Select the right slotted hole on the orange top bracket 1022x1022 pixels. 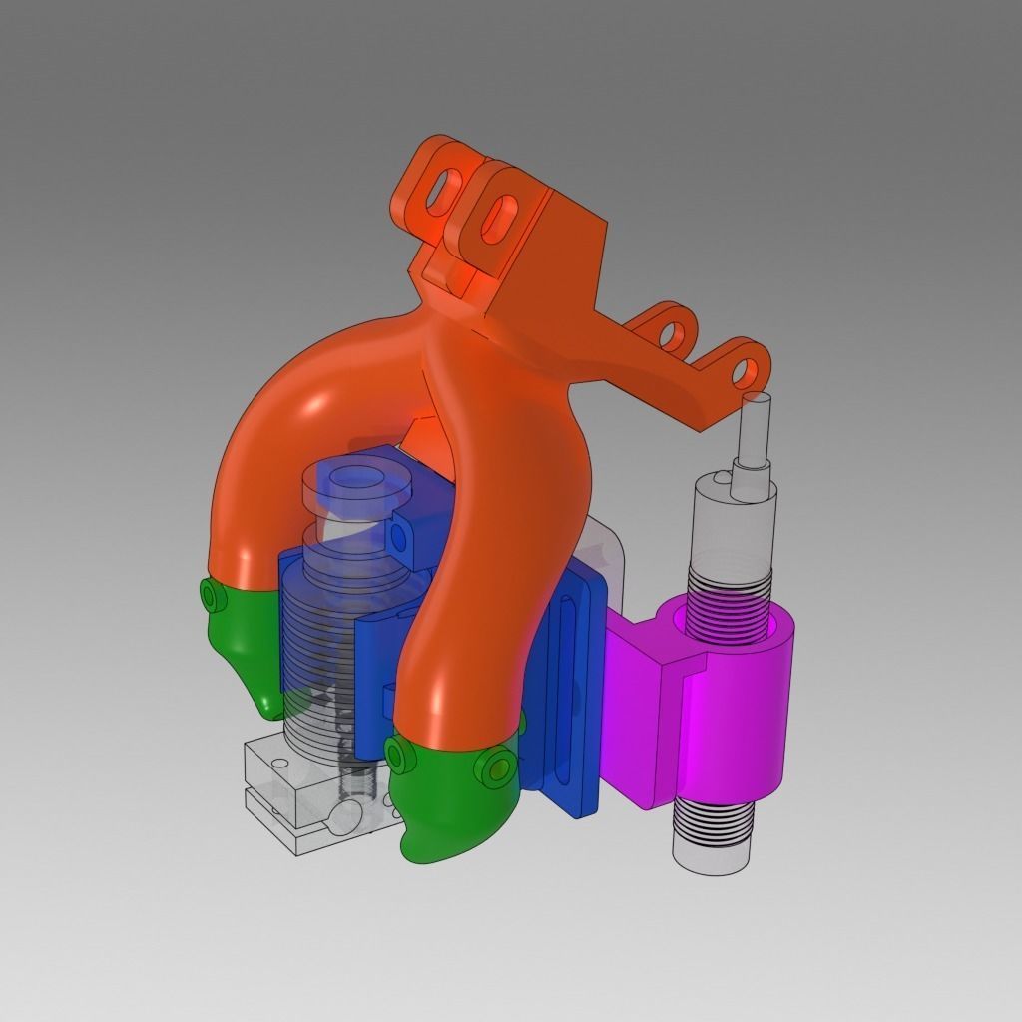(498, 214)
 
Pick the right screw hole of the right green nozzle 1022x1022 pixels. (495, 767)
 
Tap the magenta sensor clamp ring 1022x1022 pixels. (739, 699)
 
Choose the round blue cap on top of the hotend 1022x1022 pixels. (356, 484)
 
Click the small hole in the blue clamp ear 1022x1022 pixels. (399, 538)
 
